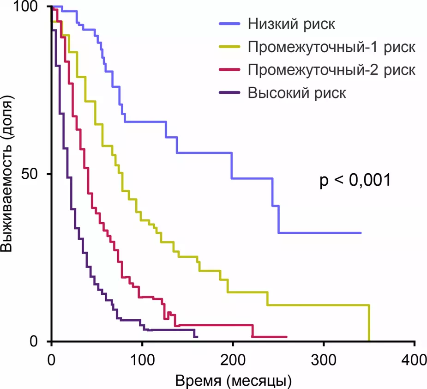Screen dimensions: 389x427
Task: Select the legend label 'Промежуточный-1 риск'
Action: (x=331, y=47)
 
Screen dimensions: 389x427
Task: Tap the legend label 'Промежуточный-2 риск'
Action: (x=331, y=70)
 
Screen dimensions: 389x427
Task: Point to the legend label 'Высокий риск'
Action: (x=297, y=93)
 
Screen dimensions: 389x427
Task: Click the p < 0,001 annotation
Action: (x=355, y=180)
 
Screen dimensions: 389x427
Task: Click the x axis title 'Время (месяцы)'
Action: (x=233, y=380)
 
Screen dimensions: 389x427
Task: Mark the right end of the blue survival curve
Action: (x=361, y=233)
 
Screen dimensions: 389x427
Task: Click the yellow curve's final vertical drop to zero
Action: (x=369, y=323)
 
